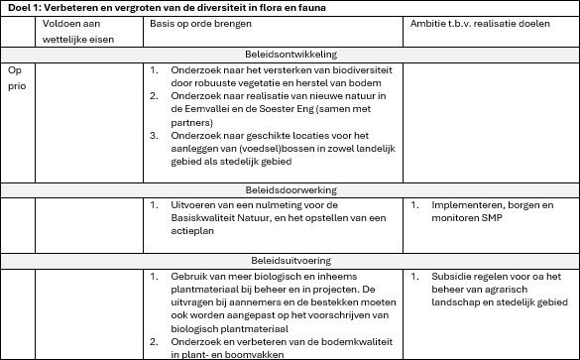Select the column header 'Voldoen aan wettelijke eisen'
click(x=71, y=30)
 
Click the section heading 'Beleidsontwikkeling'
click(x=290, y=55)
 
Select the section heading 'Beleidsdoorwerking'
click(x=290, y=188)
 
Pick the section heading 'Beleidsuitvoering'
click(x=290, y=260)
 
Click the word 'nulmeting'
click(x=262, y=205)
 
